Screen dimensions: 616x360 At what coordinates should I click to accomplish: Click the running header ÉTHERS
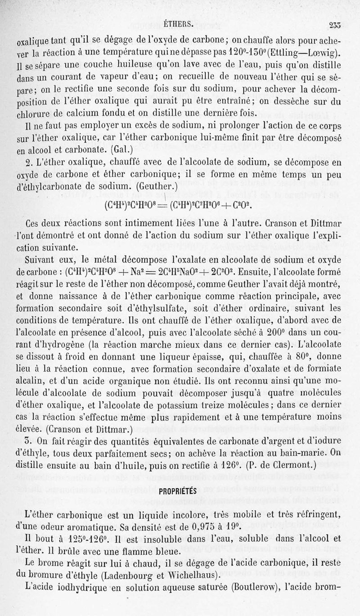179,23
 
